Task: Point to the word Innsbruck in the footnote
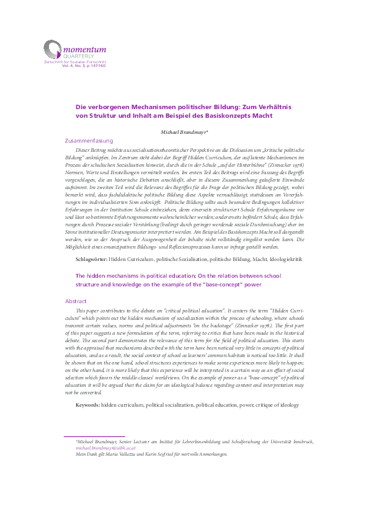(x=301, y=441)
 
